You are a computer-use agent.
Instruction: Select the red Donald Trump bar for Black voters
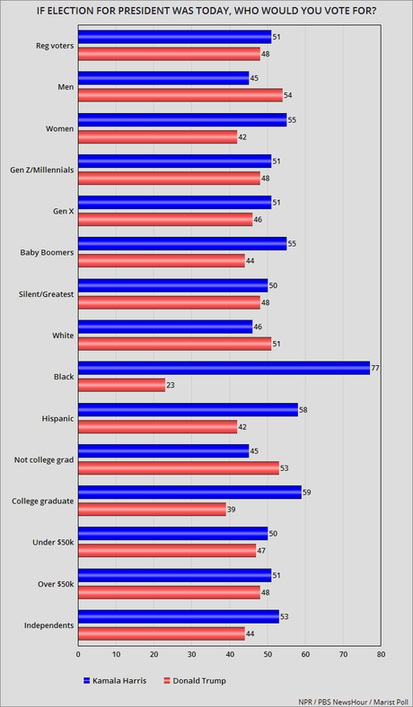121,384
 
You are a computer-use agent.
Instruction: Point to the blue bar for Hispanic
188,408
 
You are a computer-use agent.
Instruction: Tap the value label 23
171,384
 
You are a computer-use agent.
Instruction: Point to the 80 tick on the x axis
381,655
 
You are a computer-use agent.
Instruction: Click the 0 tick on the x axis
78,655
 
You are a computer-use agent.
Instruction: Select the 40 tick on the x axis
230,655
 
